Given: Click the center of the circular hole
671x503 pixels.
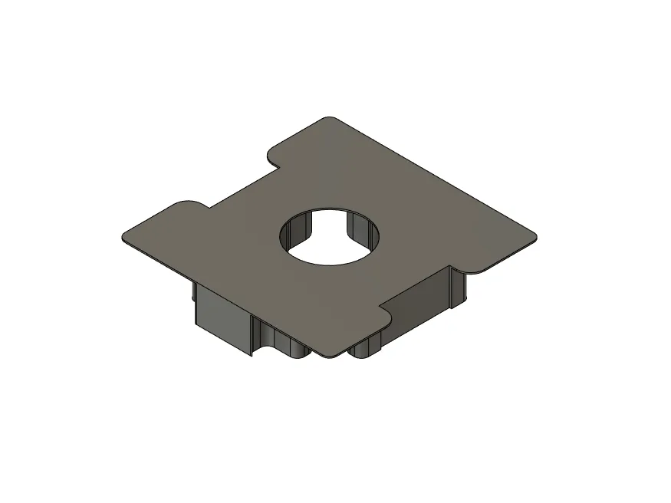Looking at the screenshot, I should tap(331, 237).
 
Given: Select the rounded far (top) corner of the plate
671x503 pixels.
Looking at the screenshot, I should tap(329, 120).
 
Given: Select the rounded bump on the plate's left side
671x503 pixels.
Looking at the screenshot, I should tap(189, 204).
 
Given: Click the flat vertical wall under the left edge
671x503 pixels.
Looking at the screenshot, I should tap(222, 315).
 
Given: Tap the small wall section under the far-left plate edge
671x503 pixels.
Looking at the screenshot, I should tap(191, 291).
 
